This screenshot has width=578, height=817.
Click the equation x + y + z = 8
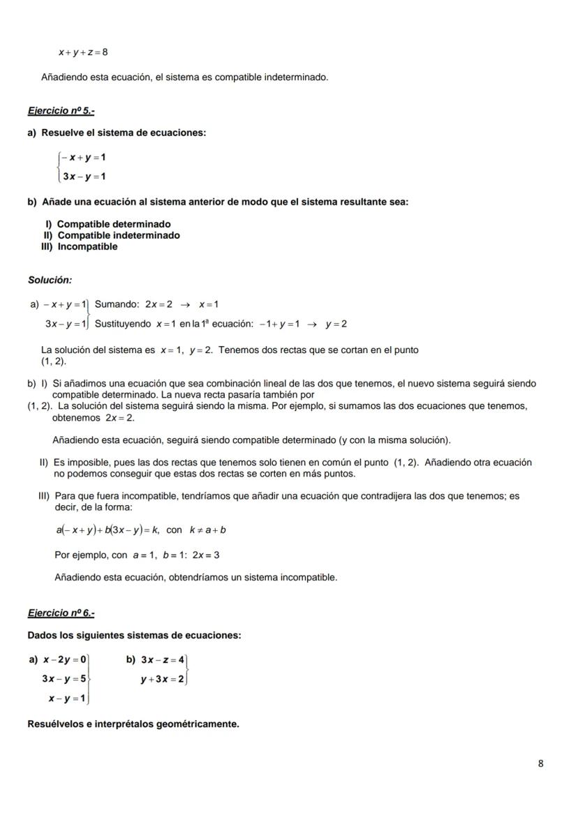coord(83,52)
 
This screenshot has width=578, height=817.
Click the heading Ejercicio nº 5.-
coord(61,111)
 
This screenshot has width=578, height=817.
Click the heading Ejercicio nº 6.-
coord(61,613)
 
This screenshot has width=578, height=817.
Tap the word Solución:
coord(50,280)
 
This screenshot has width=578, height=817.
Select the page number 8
coord(540,763)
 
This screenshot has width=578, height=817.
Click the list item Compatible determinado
coord(113,224)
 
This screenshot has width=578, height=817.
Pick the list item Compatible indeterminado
coord(118,235)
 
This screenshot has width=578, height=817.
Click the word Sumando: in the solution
coord(117,304)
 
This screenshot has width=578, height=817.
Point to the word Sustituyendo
coord(123,324)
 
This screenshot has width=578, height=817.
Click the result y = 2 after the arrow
coord(336,324)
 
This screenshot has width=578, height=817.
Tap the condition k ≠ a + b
coord(207,530)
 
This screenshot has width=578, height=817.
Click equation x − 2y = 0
coord(64,659)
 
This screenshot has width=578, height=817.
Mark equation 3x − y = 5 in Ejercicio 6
coord(64,678)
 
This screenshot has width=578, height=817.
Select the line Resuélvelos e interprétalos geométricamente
coord(133,724)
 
